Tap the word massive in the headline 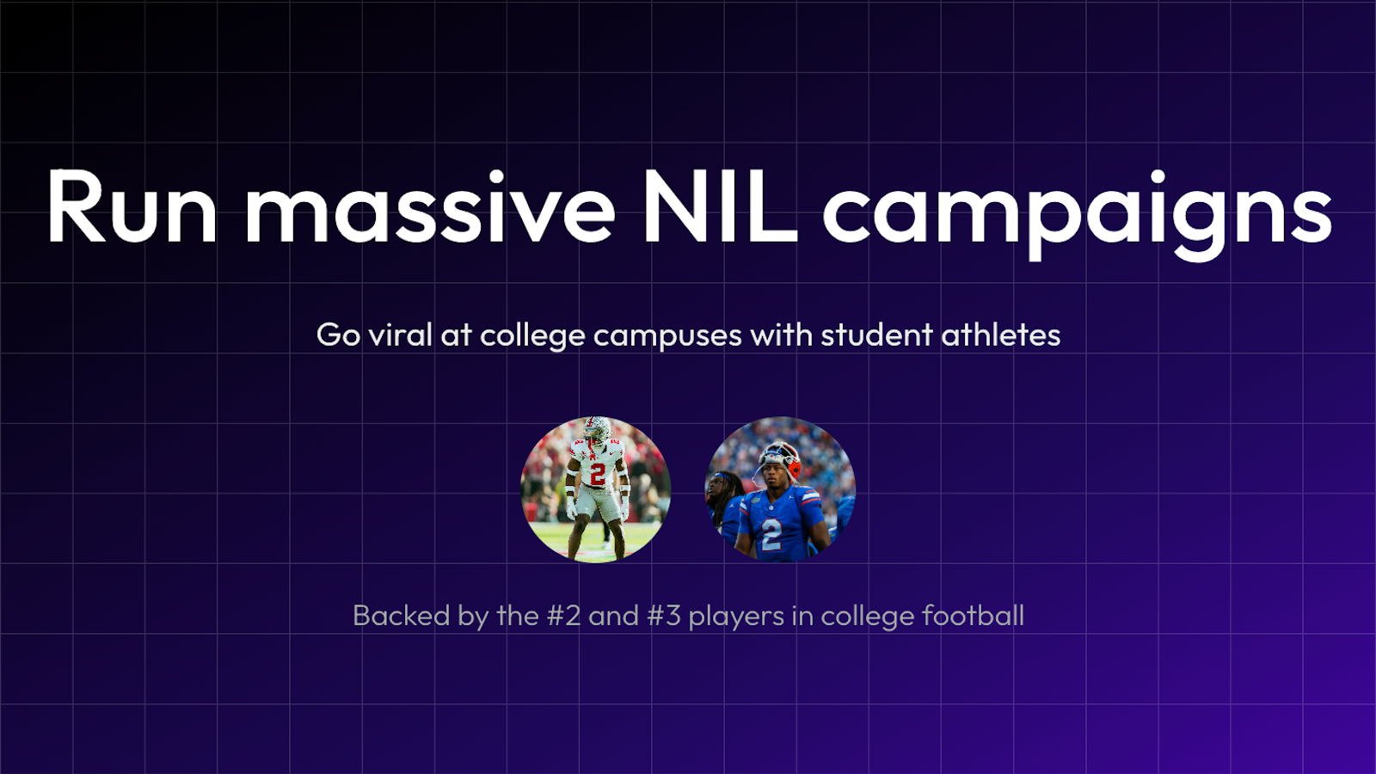[430, 207]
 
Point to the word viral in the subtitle [400, 335]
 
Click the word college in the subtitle [532, 336]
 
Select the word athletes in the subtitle [1001, 335]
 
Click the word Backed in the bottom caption [402, 616]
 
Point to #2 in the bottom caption [564, 616]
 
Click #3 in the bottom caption [663, 616]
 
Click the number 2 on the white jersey [597, 474]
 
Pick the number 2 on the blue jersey [771, 534]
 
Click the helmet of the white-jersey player [596, 429]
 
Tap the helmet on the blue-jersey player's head [780, 459]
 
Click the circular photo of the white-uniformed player [596, 489]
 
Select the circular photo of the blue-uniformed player [780, 489]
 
